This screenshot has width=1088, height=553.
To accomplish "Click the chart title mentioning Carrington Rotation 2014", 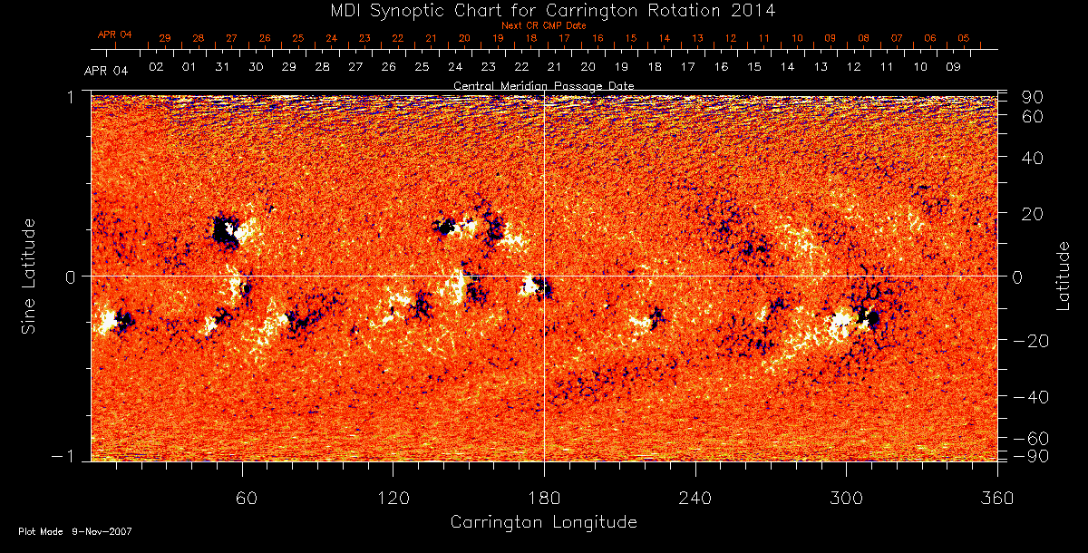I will point(544,10).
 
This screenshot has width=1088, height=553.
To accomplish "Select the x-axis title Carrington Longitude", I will point(543,522).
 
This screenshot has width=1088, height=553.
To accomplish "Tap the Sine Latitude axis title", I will point(29,276).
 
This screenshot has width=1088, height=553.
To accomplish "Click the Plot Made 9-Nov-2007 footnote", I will point(75,531).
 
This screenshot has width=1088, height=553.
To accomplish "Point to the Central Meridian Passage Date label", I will point(543,85).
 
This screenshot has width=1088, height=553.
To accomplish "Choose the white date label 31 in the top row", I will point(223,67).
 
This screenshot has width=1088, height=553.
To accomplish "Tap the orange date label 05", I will point(963,38).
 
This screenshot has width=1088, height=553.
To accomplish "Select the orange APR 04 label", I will point(115,34).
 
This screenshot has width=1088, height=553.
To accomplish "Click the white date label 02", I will point(156,67).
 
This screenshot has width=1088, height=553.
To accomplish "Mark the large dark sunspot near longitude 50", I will point(222,230).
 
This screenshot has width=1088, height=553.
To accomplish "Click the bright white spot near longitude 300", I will point(840,319).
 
